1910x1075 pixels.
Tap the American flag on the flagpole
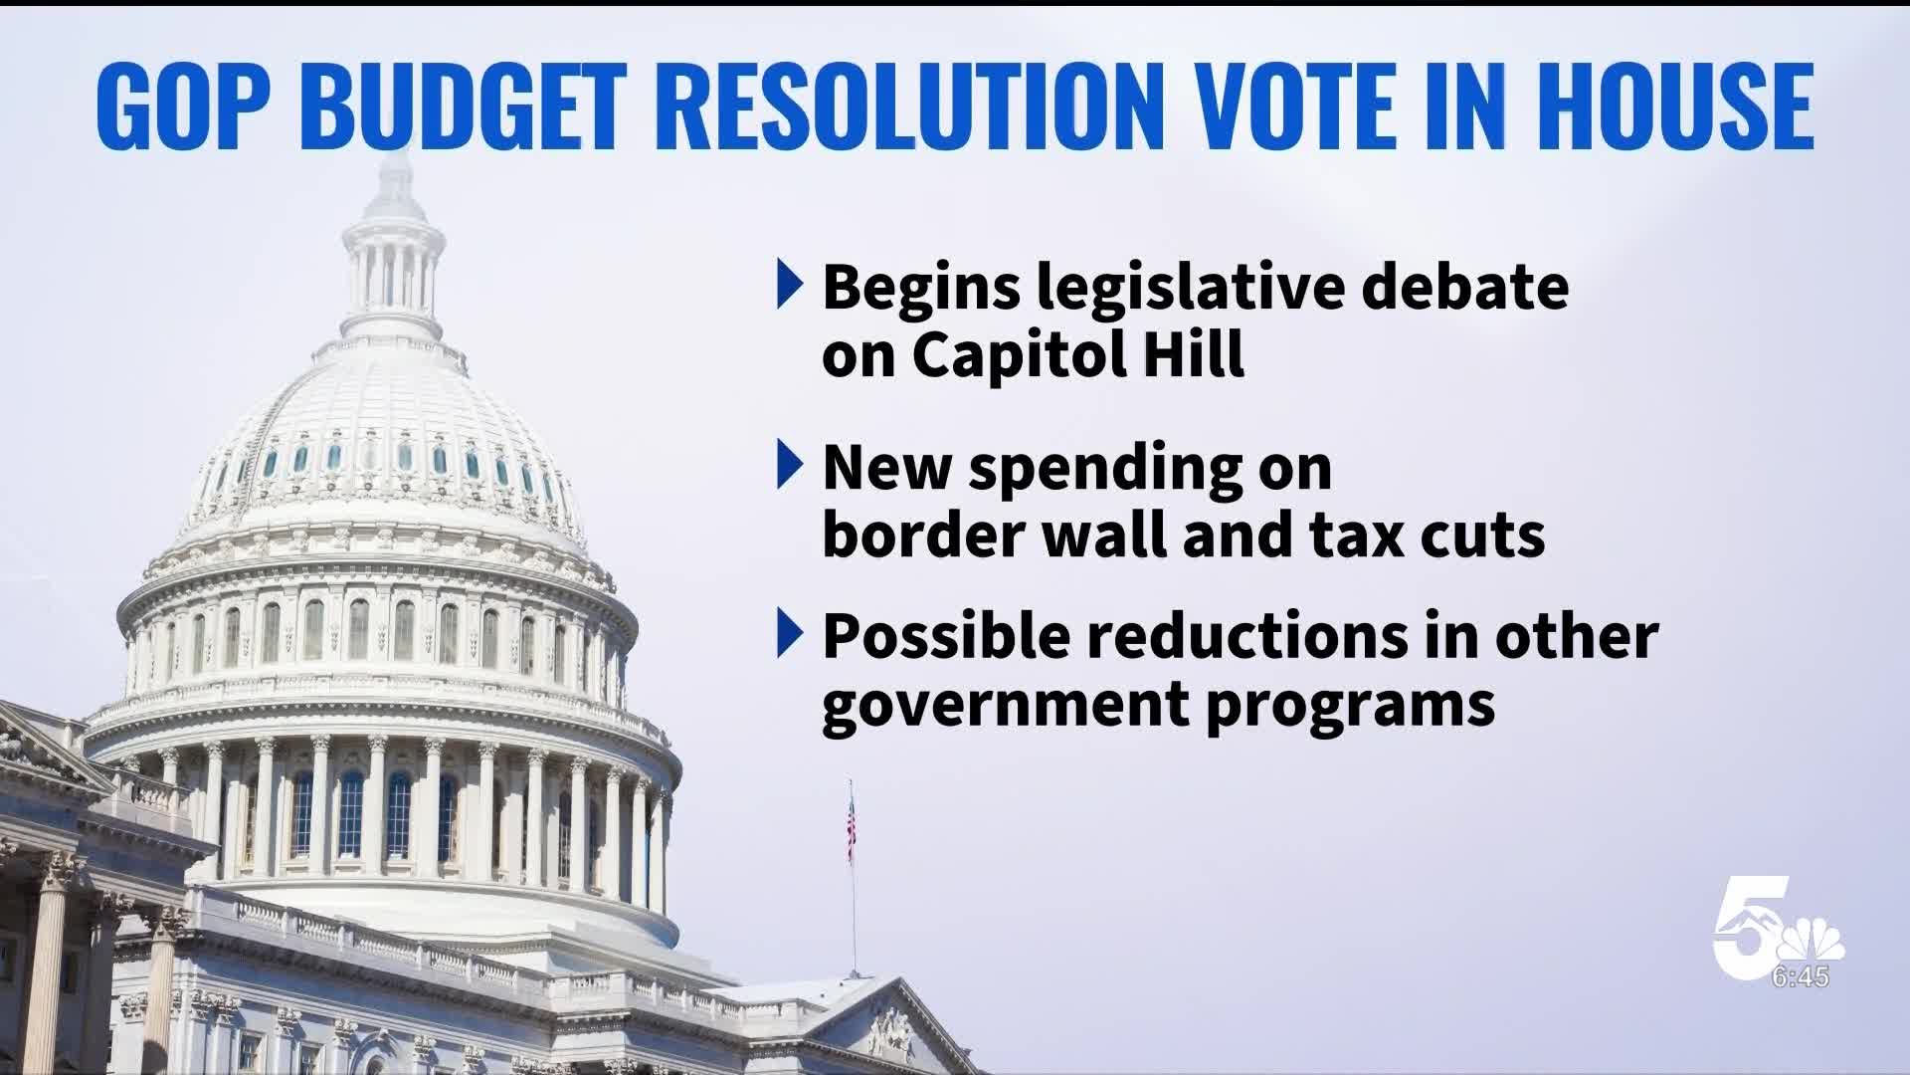(x=851, y=826)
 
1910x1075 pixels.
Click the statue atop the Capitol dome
(x=395, y=174)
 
